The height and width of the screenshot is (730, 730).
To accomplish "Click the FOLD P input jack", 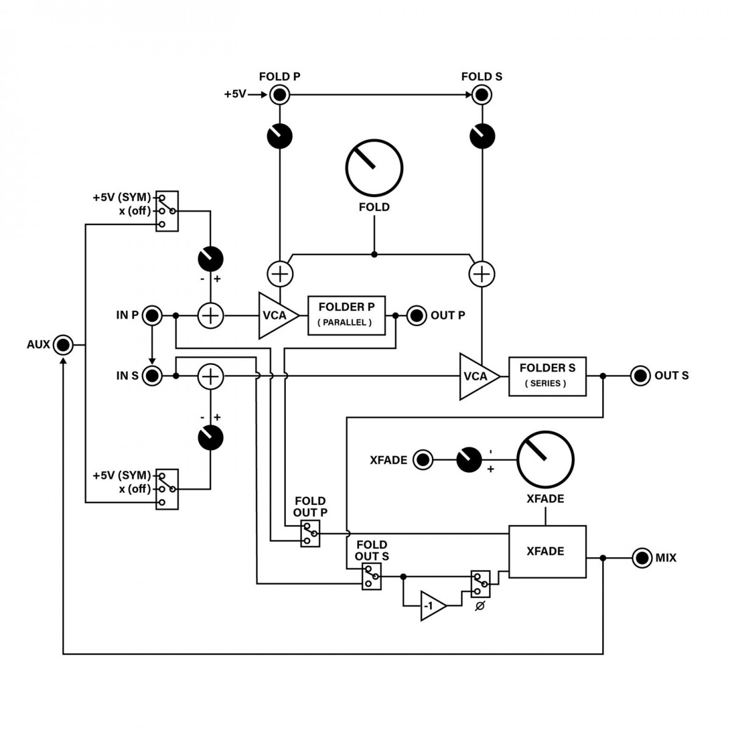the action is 280,94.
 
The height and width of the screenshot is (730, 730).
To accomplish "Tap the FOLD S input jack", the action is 481,94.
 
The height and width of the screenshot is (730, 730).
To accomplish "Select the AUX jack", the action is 63,345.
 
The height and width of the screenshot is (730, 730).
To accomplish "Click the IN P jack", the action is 152,315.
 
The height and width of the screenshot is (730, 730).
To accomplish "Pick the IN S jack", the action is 152,376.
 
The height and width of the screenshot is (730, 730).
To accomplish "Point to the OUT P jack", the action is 417,315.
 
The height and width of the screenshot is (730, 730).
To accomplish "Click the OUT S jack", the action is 641,376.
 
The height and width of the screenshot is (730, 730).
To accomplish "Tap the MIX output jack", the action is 642,558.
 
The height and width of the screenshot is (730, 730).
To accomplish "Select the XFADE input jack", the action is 423,460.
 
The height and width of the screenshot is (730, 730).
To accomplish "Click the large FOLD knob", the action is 374,168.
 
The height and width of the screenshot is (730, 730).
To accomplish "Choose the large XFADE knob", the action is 546,460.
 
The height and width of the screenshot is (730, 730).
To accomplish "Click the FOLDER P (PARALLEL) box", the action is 347,316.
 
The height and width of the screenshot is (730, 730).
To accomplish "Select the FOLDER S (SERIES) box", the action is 547,377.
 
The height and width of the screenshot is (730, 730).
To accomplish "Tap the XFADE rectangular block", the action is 547,552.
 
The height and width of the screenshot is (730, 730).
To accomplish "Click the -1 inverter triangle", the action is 433,606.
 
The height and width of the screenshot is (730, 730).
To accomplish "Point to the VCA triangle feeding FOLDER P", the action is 278,315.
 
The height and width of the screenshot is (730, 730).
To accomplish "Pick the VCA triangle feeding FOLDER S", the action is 479,376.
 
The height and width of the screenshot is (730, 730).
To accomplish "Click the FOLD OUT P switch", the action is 310,534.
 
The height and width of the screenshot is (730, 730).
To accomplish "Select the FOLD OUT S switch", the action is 372,577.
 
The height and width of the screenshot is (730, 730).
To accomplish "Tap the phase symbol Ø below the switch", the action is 480,606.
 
